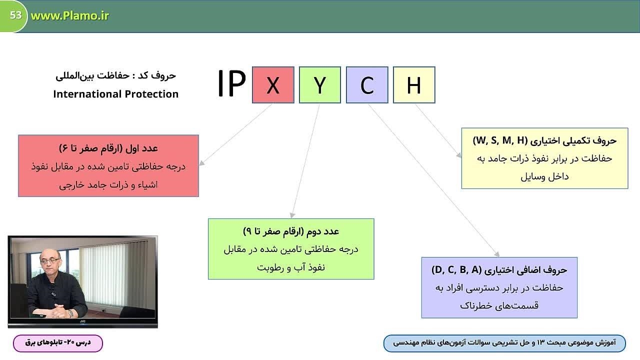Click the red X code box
[273, 85]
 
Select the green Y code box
[320, 85]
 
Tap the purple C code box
[367, 85]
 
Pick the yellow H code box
[414, 85]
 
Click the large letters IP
[231, 83]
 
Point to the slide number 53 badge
[15, 15]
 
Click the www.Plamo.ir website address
[69, 15]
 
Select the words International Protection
[115, 94]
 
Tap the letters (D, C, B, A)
[456, 269]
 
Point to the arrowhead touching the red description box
[201, 163]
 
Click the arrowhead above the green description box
[292, 215]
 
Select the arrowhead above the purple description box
[497, 254]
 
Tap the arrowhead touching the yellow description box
[458, 155]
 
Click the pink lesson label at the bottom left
[58, 343]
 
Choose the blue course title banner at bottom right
[504, 343]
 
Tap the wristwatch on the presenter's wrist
[70, 313]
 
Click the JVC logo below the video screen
[82, 321]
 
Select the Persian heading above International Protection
[115, 75]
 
